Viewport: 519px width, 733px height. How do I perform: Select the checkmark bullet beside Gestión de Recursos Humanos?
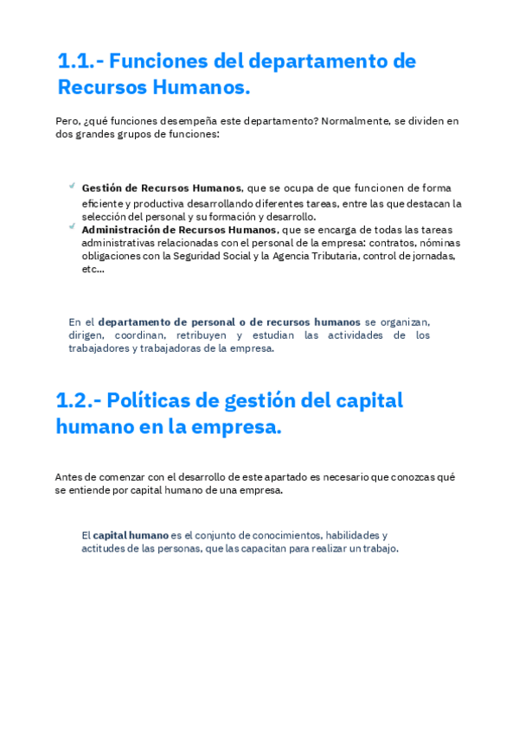pos(71,186)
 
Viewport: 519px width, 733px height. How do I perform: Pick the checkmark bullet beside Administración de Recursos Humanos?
pos(71,227)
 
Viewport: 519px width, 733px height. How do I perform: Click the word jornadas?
pos(433,257)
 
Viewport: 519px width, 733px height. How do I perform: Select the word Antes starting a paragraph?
pos(69,476)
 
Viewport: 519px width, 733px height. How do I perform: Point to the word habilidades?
pos(356,535)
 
